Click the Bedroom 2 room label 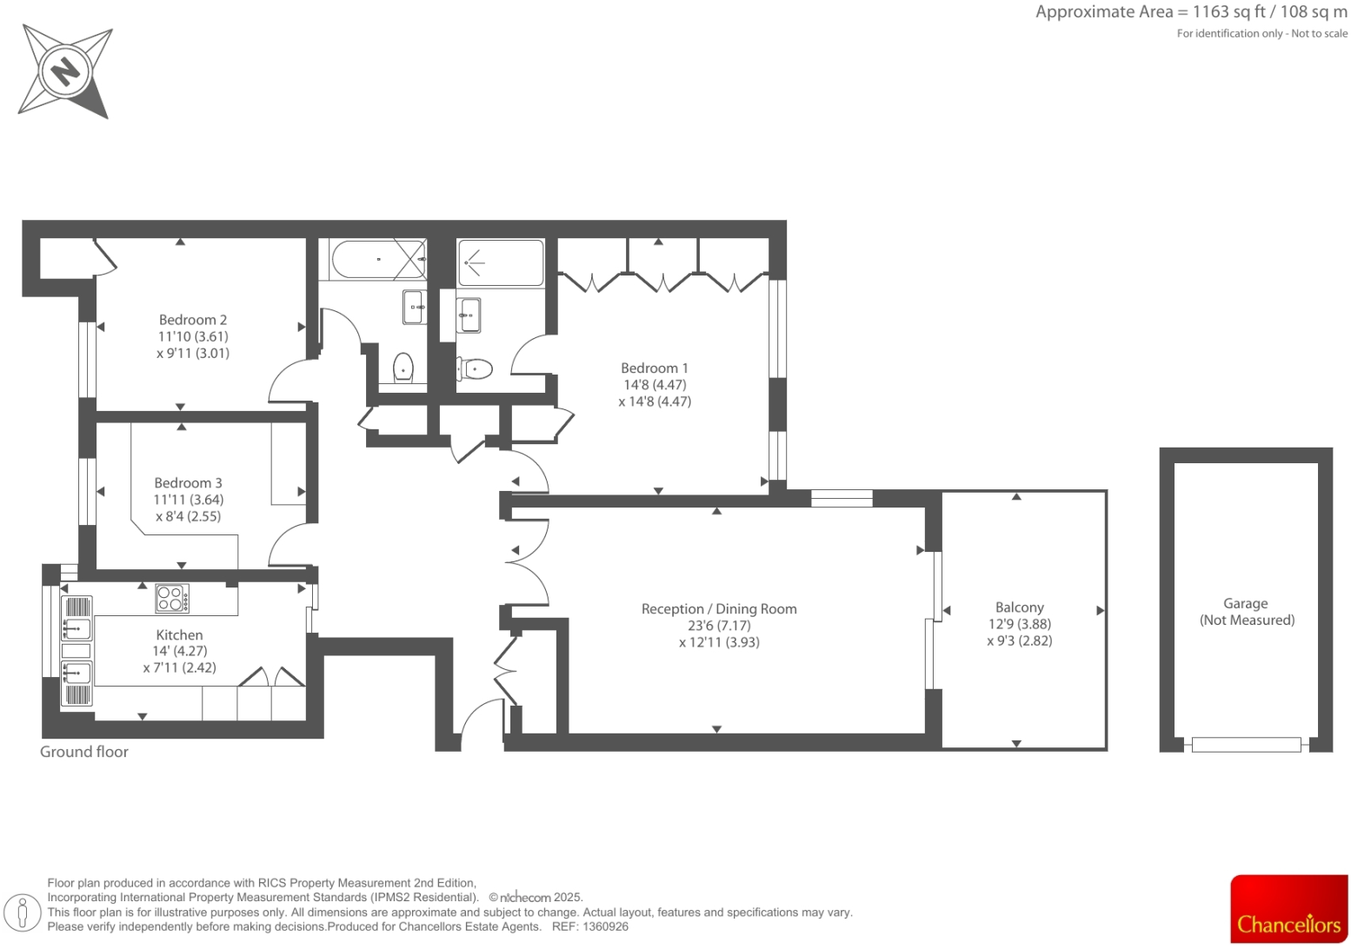[193, 320]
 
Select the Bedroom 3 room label [188, 483]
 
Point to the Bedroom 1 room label [654, 368]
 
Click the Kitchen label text [179, 635]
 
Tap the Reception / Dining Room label [719, 609]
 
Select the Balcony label [1019, 607]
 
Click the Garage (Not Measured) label [1246, 612]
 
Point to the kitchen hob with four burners [171, 598]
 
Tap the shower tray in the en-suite [500, 262]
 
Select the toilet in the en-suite [476, 369]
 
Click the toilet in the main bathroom [403, 368]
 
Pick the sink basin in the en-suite [469, 315]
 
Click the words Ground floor [84, 752]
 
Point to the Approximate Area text [1190, 12]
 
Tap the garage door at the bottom [1246, 745]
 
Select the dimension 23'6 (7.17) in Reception [719, 626]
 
